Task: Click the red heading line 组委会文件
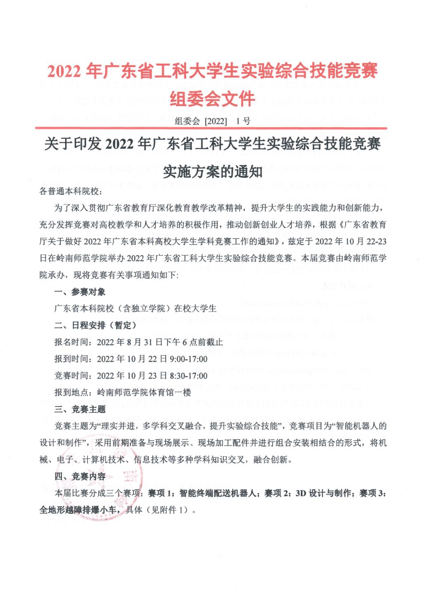[x=212, y=98]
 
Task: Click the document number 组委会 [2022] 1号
[x=212, y=121]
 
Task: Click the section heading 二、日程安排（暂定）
[x=95, y=325]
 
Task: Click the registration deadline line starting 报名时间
[x=138, y=342]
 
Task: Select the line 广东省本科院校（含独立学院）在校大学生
[x=135, y=308]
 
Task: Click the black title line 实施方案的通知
[x=212, y=171]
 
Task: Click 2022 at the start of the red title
[x=64, y=71]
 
